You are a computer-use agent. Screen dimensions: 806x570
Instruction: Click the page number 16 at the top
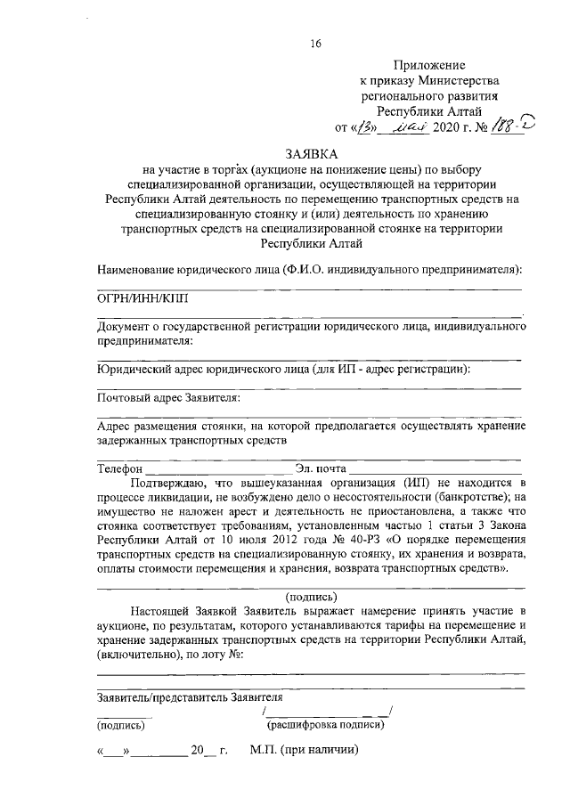315,45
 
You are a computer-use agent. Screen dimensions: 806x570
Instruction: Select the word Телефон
119,468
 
